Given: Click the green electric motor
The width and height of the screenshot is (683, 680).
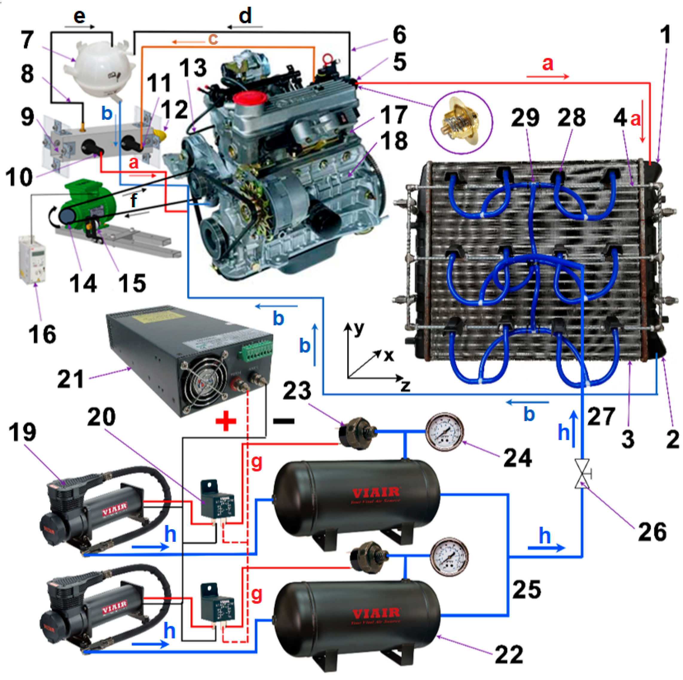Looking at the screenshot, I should coord(88,202).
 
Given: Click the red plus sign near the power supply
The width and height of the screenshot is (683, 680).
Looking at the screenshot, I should coord(226,421).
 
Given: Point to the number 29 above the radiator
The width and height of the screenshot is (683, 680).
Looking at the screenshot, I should coord(525,118).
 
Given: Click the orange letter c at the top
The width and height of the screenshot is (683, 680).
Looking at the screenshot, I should coord(213,39).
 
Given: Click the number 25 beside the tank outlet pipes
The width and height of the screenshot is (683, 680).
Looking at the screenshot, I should coord(527,589).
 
